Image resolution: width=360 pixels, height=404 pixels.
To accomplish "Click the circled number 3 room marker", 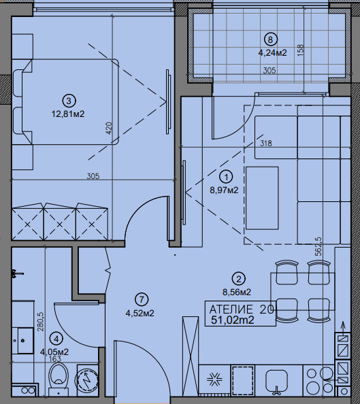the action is click(69, 101).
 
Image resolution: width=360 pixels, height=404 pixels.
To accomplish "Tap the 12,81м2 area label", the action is click(68, 114).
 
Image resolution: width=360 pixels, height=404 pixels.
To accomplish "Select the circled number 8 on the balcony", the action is click(271, 39).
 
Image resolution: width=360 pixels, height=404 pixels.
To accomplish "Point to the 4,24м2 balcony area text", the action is click(273, 53).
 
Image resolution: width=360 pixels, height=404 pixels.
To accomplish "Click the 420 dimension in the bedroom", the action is click(109, 128).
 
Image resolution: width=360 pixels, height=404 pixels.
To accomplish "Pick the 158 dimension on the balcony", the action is click(300, 50).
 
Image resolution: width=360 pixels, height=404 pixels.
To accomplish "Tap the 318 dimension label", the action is click(265, 143).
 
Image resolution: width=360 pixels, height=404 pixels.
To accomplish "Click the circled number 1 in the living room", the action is click(226, 177).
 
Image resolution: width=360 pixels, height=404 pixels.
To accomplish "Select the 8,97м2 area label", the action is click(224, 190).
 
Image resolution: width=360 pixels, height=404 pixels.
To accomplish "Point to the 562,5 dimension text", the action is click(318, 246).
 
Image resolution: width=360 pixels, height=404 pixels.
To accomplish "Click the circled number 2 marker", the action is click(239, 279).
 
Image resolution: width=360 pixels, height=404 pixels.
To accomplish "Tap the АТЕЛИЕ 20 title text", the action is click(242, 309).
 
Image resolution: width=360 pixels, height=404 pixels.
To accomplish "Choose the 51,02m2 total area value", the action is click(233, 320).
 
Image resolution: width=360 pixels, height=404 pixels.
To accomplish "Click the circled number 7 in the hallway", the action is click(142, 300).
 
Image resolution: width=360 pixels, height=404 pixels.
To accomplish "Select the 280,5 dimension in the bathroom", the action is click(42, 321).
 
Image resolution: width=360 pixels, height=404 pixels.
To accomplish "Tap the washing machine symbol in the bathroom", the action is click(87, 378).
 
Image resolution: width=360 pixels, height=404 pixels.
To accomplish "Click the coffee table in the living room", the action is click(262, 198).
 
